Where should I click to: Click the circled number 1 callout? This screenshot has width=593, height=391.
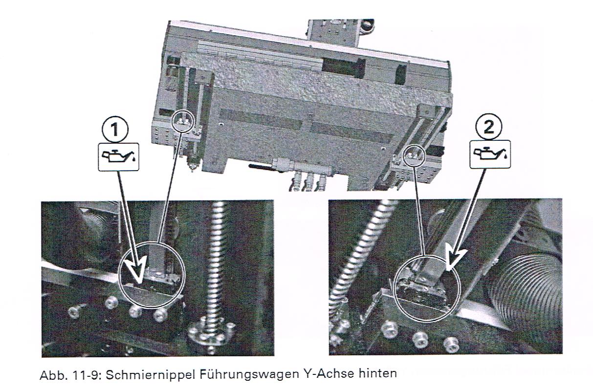(x=114, y=130)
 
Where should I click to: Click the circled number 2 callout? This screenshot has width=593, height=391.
(x=489, y=128)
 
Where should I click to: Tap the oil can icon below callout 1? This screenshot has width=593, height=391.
(x=119, y=157)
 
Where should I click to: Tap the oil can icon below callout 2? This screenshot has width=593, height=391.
(x=490, y=154)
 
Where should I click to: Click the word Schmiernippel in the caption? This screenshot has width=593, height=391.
(x=151, y=374)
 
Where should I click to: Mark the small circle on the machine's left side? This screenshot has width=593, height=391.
(x=182, y=120)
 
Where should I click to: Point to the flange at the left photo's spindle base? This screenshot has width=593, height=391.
(x=211, y=333)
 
